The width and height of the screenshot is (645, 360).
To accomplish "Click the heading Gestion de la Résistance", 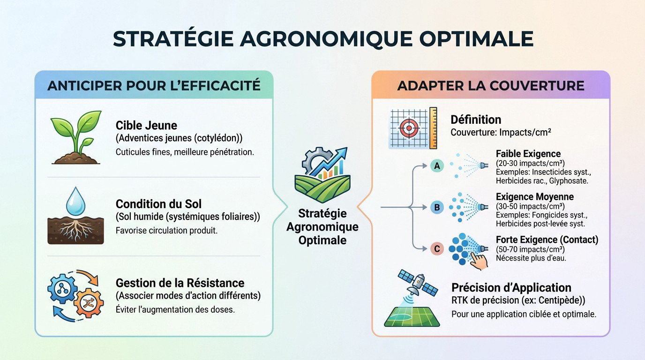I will (180, 283).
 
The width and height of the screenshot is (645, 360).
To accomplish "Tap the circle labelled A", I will (436, 165).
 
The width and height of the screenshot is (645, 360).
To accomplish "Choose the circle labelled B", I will (437, 207).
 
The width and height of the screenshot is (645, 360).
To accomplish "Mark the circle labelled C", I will (436, 249).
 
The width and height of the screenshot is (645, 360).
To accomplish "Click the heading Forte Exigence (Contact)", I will (547, 240).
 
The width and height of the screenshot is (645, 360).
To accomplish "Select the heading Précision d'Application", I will (511, 288).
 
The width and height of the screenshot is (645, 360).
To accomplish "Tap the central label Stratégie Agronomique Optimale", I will (322, 227).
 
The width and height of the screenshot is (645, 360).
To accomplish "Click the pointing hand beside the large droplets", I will (479, 258).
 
